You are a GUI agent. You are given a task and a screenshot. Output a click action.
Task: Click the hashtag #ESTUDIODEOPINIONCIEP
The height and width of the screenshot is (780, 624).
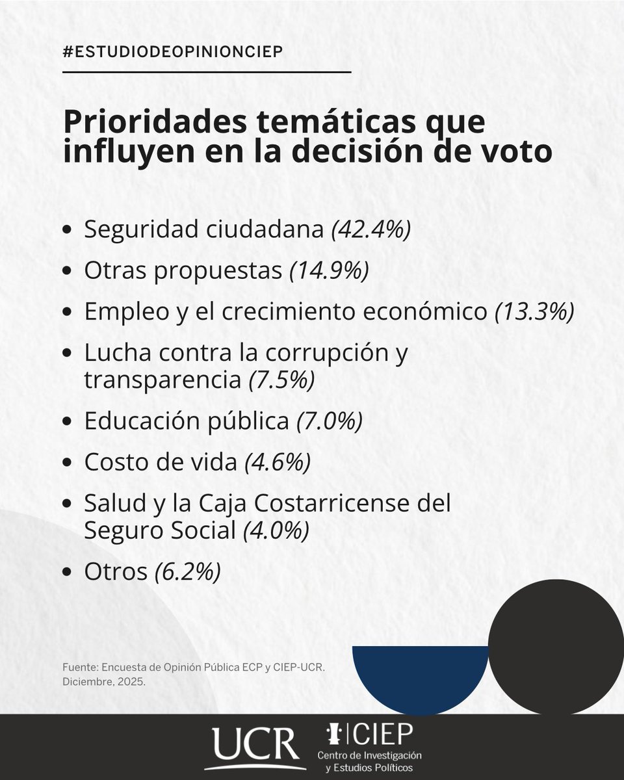[172, 52]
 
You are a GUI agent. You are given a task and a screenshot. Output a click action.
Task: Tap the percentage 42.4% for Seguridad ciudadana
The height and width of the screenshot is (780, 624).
[371, 231]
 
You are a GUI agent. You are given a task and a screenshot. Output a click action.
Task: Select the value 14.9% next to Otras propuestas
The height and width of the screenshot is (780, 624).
[330, 271]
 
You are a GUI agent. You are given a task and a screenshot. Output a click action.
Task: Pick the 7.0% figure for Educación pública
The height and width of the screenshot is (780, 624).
[329, 421]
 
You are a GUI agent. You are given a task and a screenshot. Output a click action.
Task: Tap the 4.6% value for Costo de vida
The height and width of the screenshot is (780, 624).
[278, 462]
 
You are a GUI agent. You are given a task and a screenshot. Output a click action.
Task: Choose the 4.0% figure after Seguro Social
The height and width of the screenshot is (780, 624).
[275, 531]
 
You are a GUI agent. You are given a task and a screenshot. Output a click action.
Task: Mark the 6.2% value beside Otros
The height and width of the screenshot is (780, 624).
[187, 572]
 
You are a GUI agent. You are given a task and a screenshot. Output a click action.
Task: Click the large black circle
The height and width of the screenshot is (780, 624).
[556, 647]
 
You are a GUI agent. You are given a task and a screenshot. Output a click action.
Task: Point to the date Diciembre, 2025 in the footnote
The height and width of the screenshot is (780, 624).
[105, 683]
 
